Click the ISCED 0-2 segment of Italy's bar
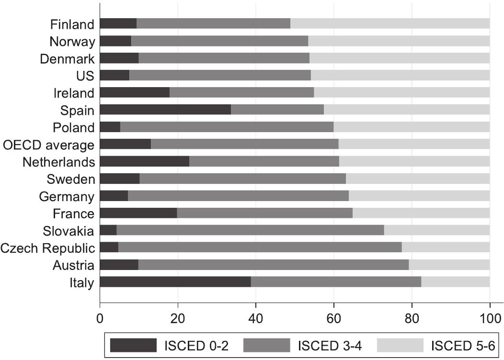[x=175, y=282]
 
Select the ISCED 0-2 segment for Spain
[x=165, y=110]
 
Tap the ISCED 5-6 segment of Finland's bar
[x=390, y=24]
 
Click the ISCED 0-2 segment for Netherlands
[x=144, y=162]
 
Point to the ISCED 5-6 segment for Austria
[x=449, y=265]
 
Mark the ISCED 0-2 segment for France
[x=138, y=214]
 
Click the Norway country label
[x=72, y=42]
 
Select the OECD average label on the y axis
[x=49, y=145]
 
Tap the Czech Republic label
[x=47, y=248]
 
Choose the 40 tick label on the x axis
[x=256, y=317]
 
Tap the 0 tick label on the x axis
[x=100, y=317]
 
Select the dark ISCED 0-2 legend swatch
[x=133, y=345]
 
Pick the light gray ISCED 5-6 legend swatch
[x=401, y=345]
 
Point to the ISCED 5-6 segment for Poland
[x=412, y=127]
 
